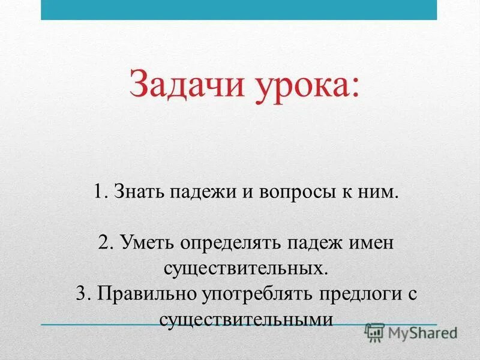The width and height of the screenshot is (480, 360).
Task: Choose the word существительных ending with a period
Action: pos(246,268)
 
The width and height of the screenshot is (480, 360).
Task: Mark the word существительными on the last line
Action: pos(246,319)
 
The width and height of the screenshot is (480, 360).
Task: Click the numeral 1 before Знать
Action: pos(98,193)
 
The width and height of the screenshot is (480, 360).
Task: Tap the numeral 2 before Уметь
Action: pos(103,244)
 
